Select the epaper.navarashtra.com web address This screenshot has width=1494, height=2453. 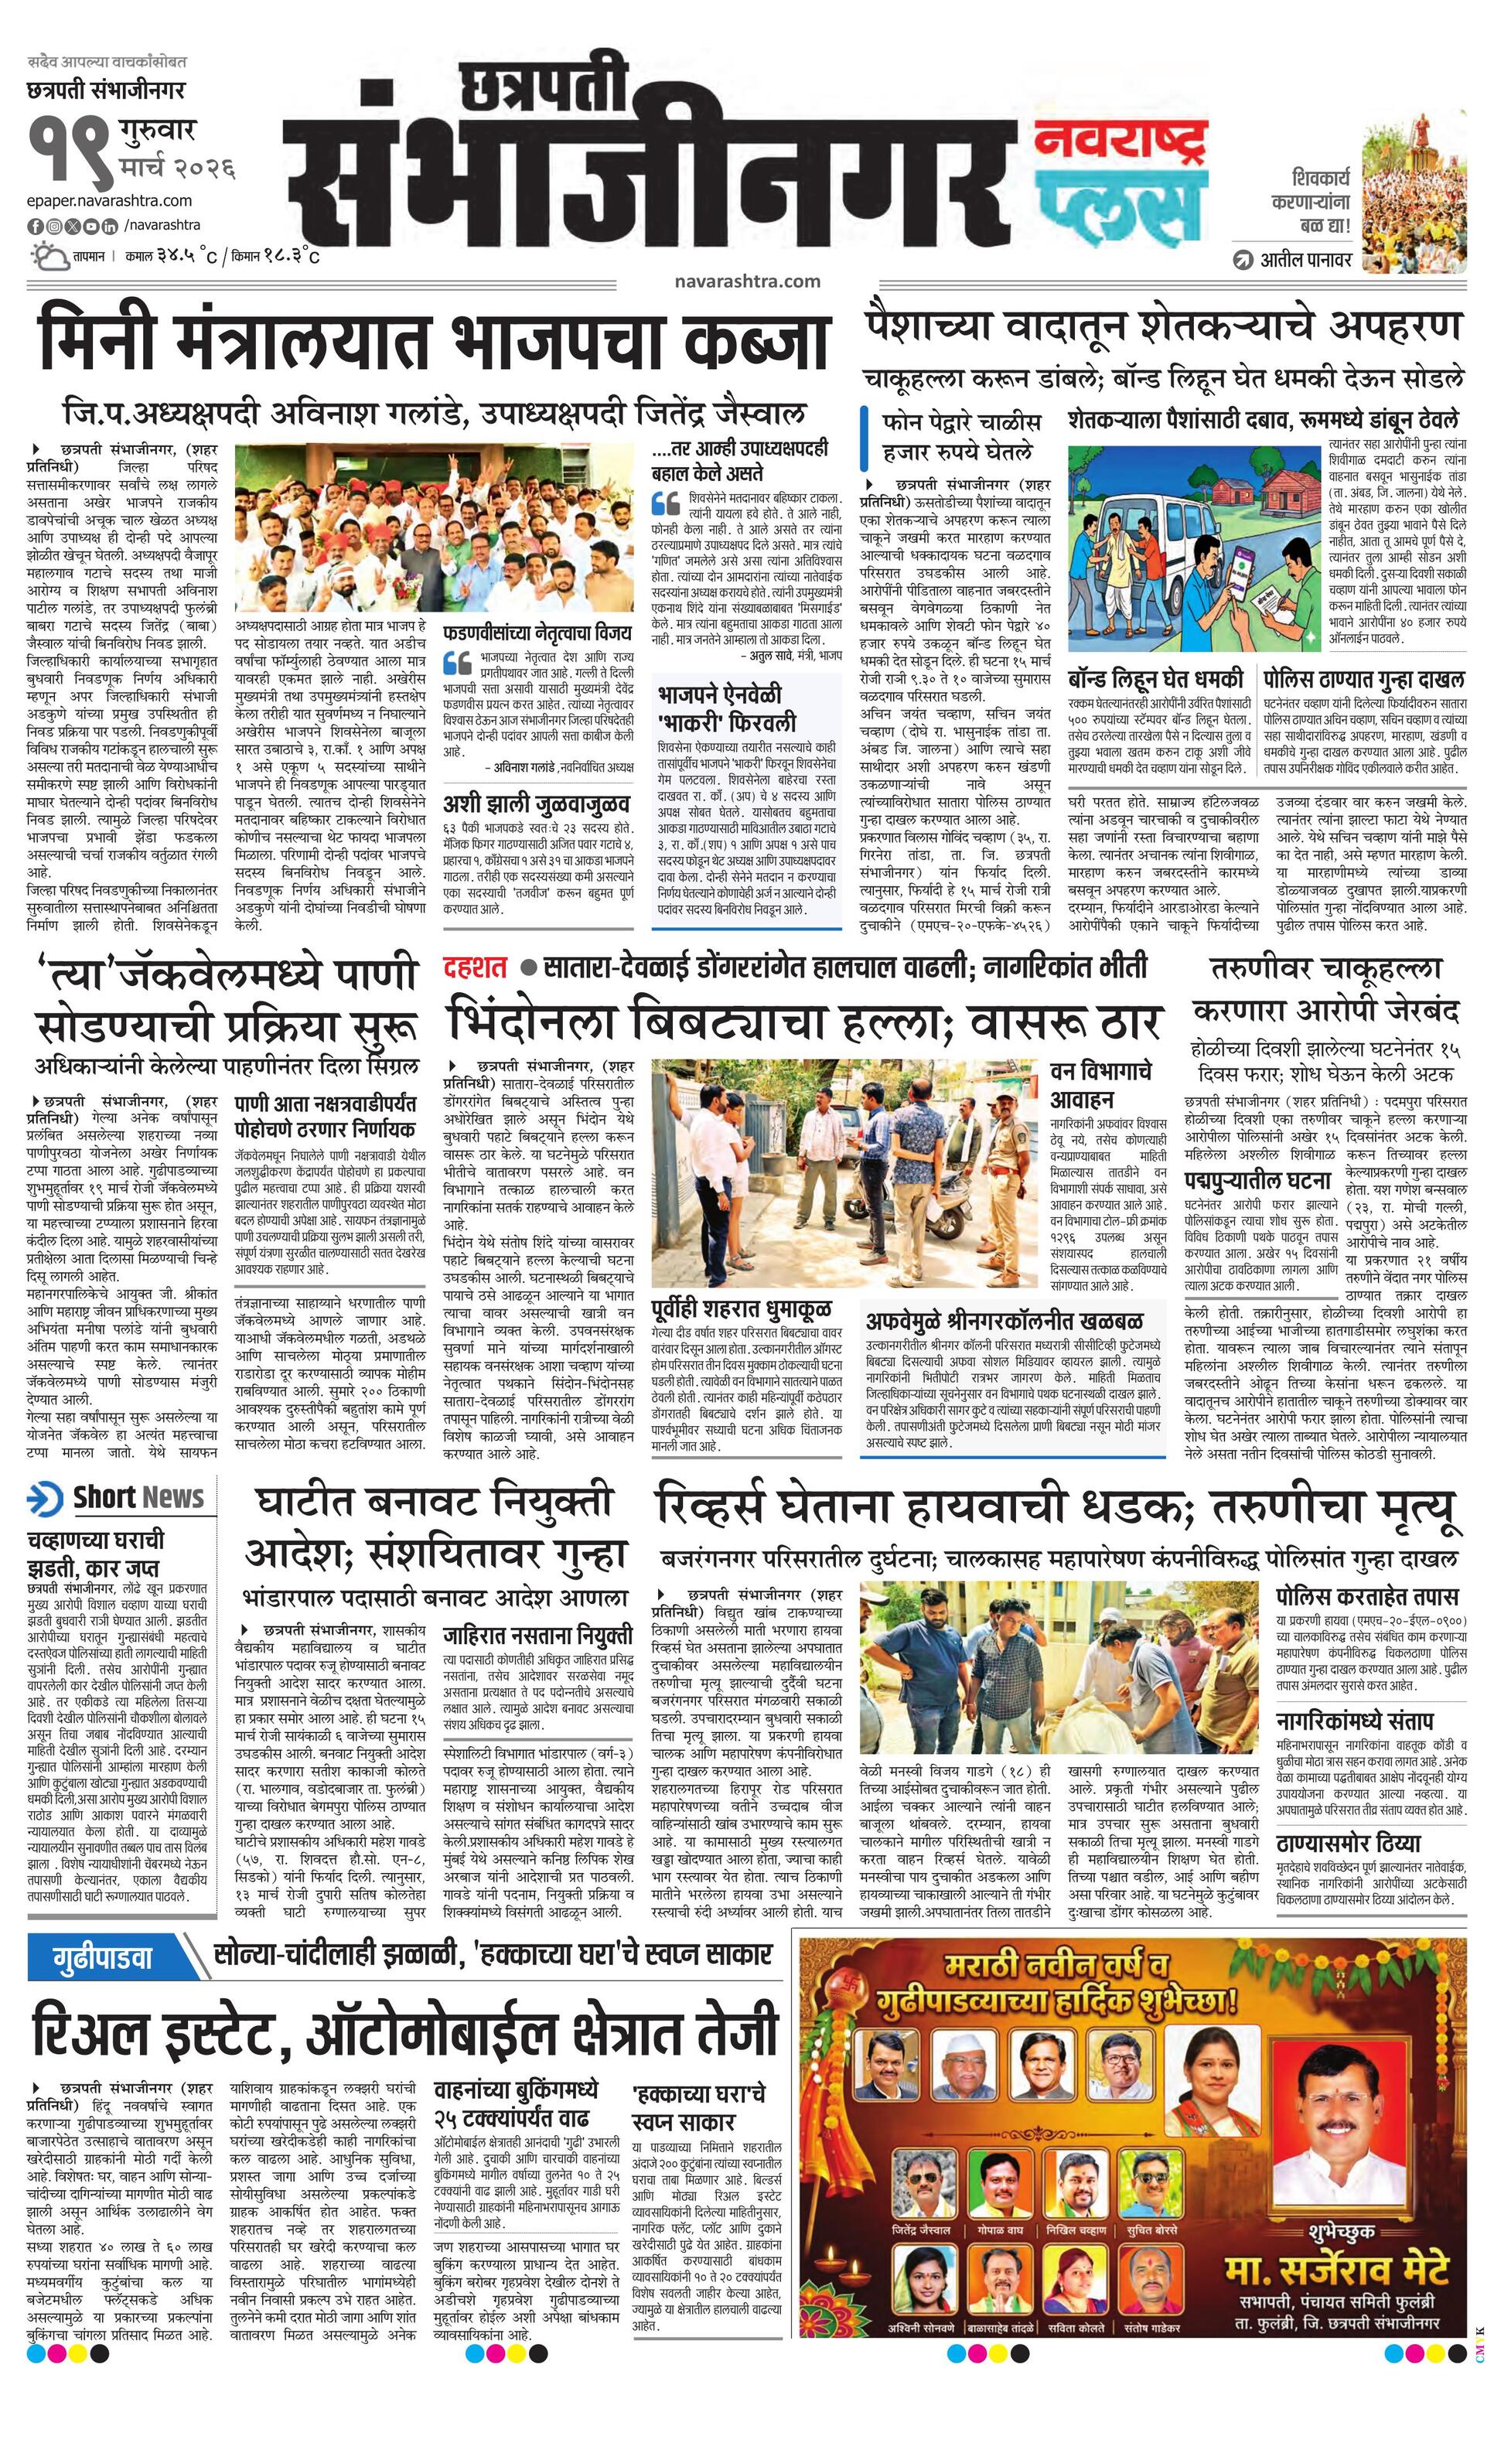click(x=110, y=200)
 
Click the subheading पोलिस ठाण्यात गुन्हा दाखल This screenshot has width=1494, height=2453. click(x=1363, y=680)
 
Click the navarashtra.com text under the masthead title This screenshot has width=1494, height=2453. click(x=746, y=281)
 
